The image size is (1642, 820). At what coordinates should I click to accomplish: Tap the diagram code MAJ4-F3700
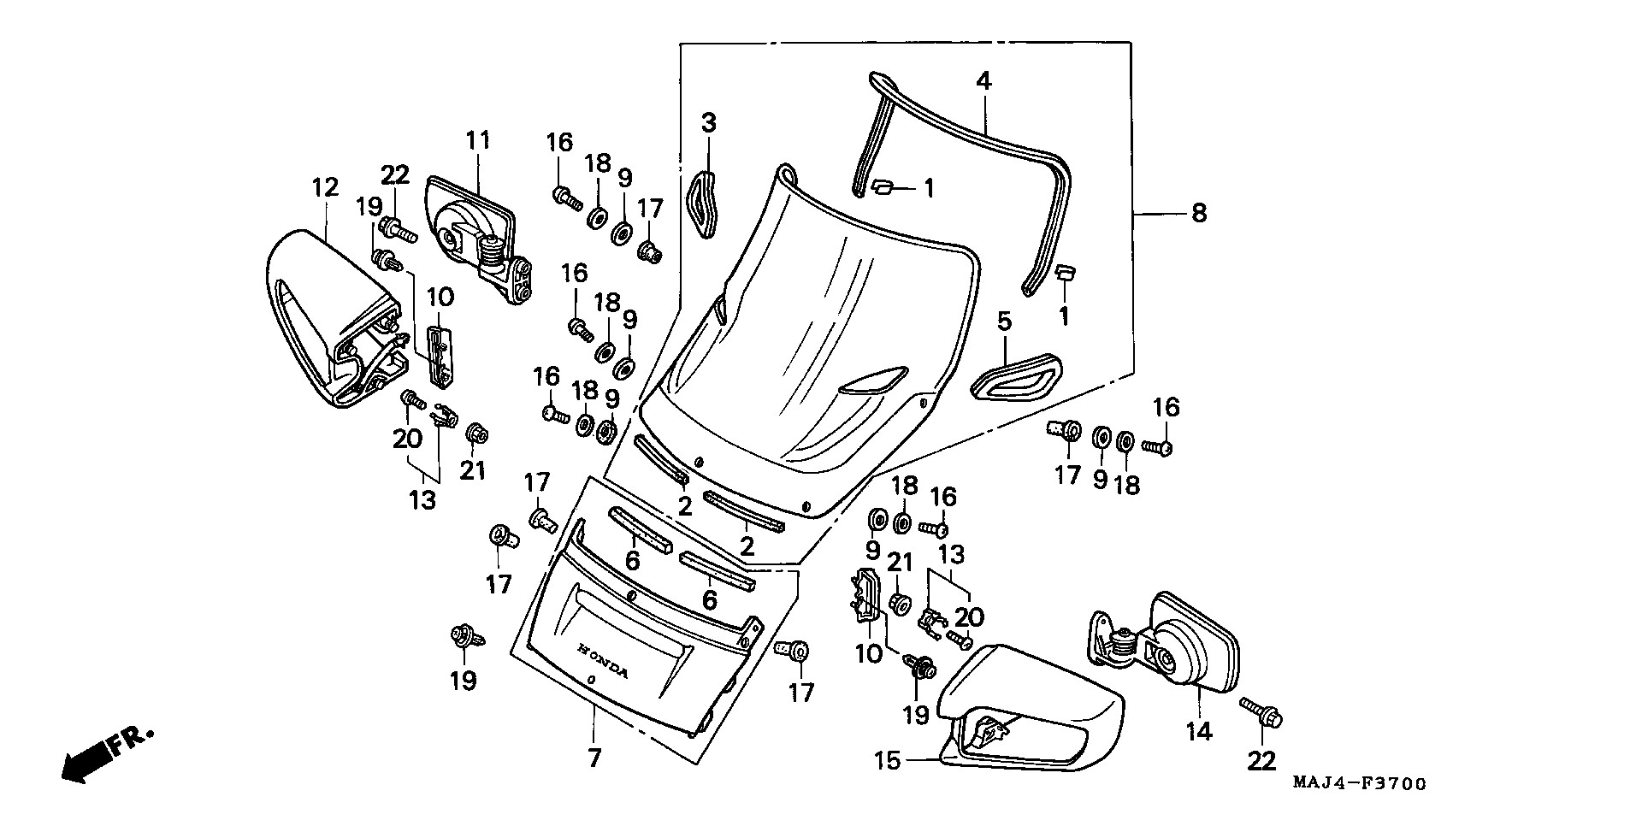point(1359,783)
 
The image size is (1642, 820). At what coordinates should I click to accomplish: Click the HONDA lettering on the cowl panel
point(604,660)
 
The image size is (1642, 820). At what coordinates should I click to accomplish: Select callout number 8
point(1199,212)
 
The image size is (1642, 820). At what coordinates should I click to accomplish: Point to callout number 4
point(983,82)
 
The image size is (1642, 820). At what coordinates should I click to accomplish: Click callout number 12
point(326,187)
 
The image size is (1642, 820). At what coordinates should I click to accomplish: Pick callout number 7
point(594,757)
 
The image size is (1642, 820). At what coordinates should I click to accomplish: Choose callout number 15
point(889,760)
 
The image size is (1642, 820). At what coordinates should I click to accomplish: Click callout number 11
point(478,140)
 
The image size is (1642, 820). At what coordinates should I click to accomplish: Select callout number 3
point(709,123)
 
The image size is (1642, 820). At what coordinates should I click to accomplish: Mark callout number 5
point(1004,322)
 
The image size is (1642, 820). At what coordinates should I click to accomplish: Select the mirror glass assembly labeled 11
point(475,231)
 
